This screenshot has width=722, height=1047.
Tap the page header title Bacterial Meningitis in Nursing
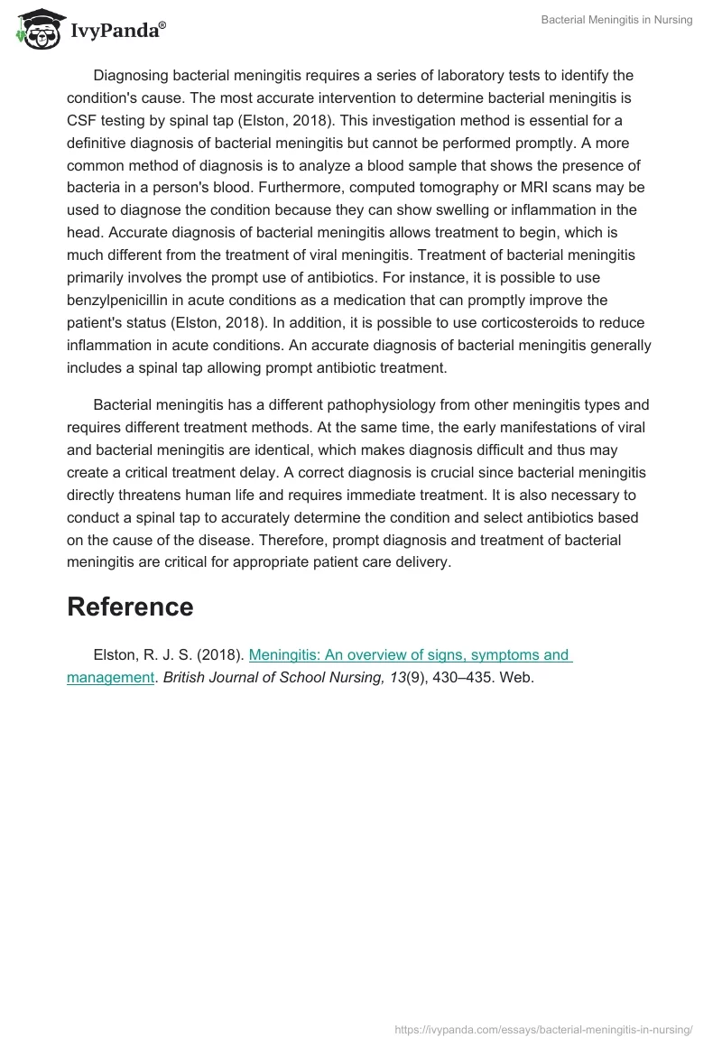point(616,20)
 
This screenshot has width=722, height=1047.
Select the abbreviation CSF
point(82,120)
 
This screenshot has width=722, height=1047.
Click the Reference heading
point(130,607)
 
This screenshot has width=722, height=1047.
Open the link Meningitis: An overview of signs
point(410,655)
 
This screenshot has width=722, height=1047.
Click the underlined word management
point(110,677)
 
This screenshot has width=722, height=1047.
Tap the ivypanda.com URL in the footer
point(543,1028)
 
